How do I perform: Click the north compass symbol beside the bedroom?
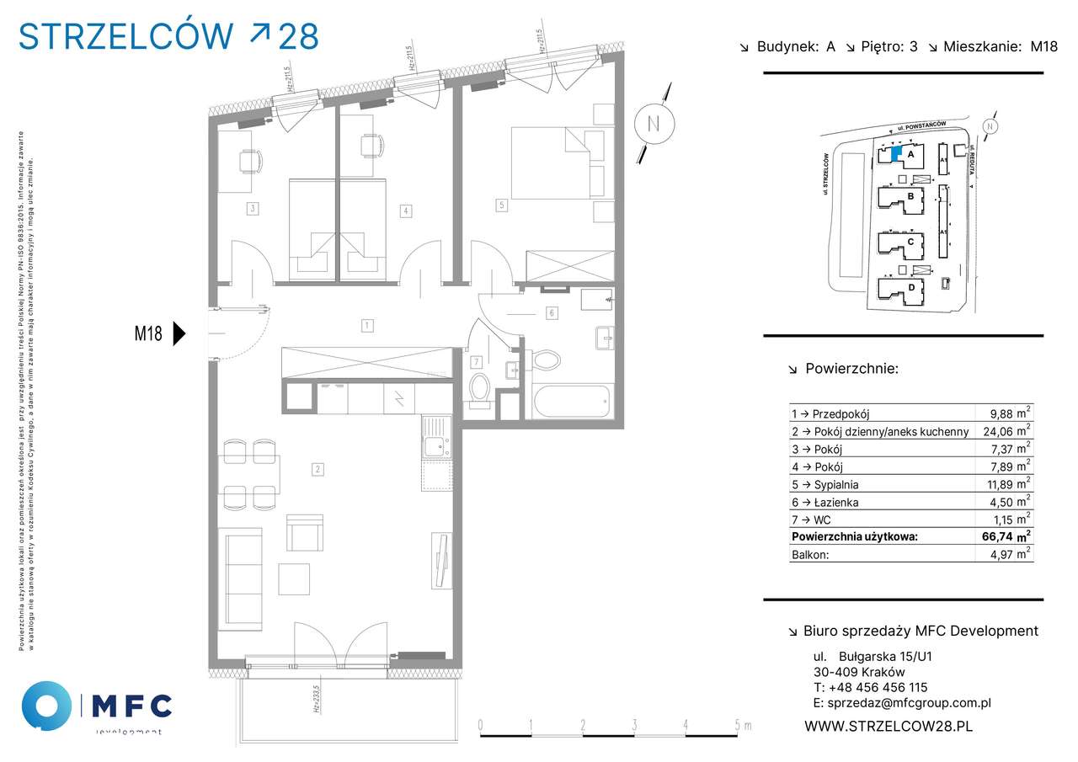653,123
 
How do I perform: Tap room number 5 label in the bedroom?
501,204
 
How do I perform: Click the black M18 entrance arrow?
179,333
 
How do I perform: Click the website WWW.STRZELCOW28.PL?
889,726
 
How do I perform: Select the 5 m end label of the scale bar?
740,725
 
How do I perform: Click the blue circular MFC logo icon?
46,706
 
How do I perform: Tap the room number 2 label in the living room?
318,470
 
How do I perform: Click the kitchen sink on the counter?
435,446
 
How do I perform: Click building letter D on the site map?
911,287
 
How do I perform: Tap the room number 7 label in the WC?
476,362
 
